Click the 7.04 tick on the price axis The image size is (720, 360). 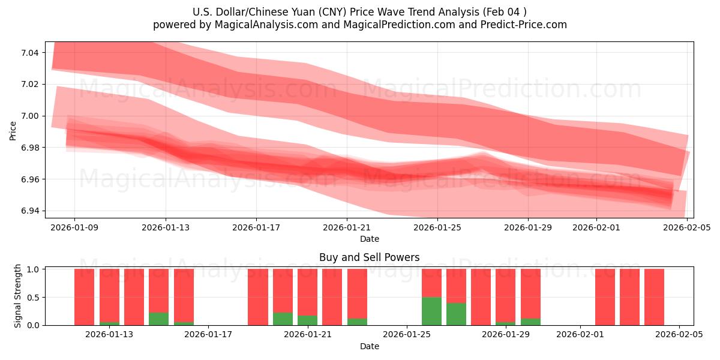pyautogui.click(x=29, y=53)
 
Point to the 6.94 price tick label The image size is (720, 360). pyautogui.click(x=29, y=211)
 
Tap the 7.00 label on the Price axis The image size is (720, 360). pyautogui.click(x=29, y=116)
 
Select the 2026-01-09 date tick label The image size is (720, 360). pyautogui.click(x=74, y=227)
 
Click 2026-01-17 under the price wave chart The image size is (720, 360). pyautogui.click(x=256, y=227)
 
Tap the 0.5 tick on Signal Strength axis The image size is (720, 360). pyautogui.click(x=33, y=297)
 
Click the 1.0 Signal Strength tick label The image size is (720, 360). pyautogui.click(x=33, y=269)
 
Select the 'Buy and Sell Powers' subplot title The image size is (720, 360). pyautogui.click(x=369, y=257)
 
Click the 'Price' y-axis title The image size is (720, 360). pyautogui.click(x=13, y=130)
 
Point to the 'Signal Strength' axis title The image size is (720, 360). pyautogui.click(x=18, y=296)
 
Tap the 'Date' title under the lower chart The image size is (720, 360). pyautogui.click(x=369, y=346)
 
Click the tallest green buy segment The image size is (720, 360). pyautogui.click(x=431, y=311)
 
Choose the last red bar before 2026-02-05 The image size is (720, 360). pyautogui.click(x=654, y=297)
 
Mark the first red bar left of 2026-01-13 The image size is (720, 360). pyautogui.click(x=85, y=297)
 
